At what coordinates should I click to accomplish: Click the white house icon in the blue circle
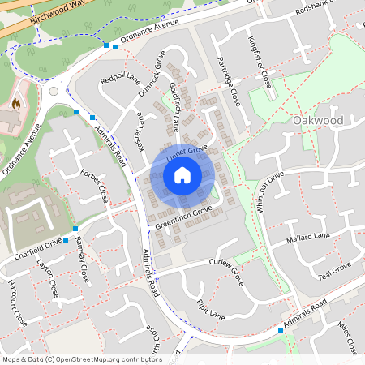pyautogui.click(x=182, y=174)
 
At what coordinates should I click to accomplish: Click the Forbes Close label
pyautogui.click(x=95, y=186)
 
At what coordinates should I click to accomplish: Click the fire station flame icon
pyautogui.click(x=15, y=104)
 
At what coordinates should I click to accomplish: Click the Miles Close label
pyautogui.click(x=346, y=337)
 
